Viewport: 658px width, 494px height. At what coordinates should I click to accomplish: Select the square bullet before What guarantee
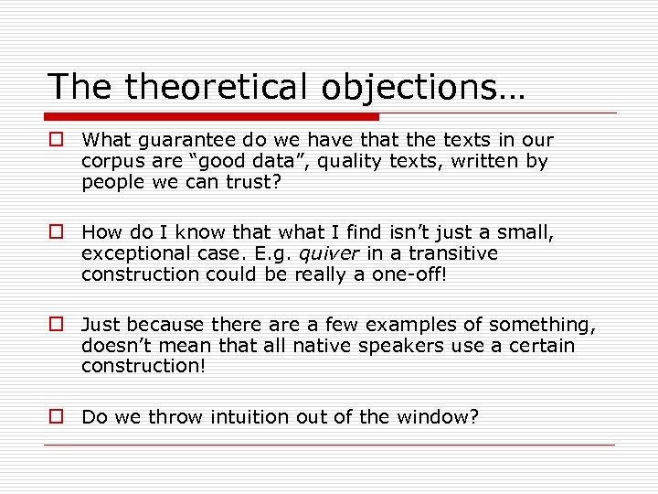[56, 140]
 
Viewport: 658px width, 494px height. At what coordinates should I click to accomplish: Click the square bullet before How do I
[56, 233]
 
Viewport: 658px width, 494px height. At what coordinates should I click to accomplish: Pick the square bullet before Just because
[56, 325]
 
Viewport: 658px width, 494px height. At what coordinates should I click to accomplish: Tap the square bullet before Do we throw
[56, 417]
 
